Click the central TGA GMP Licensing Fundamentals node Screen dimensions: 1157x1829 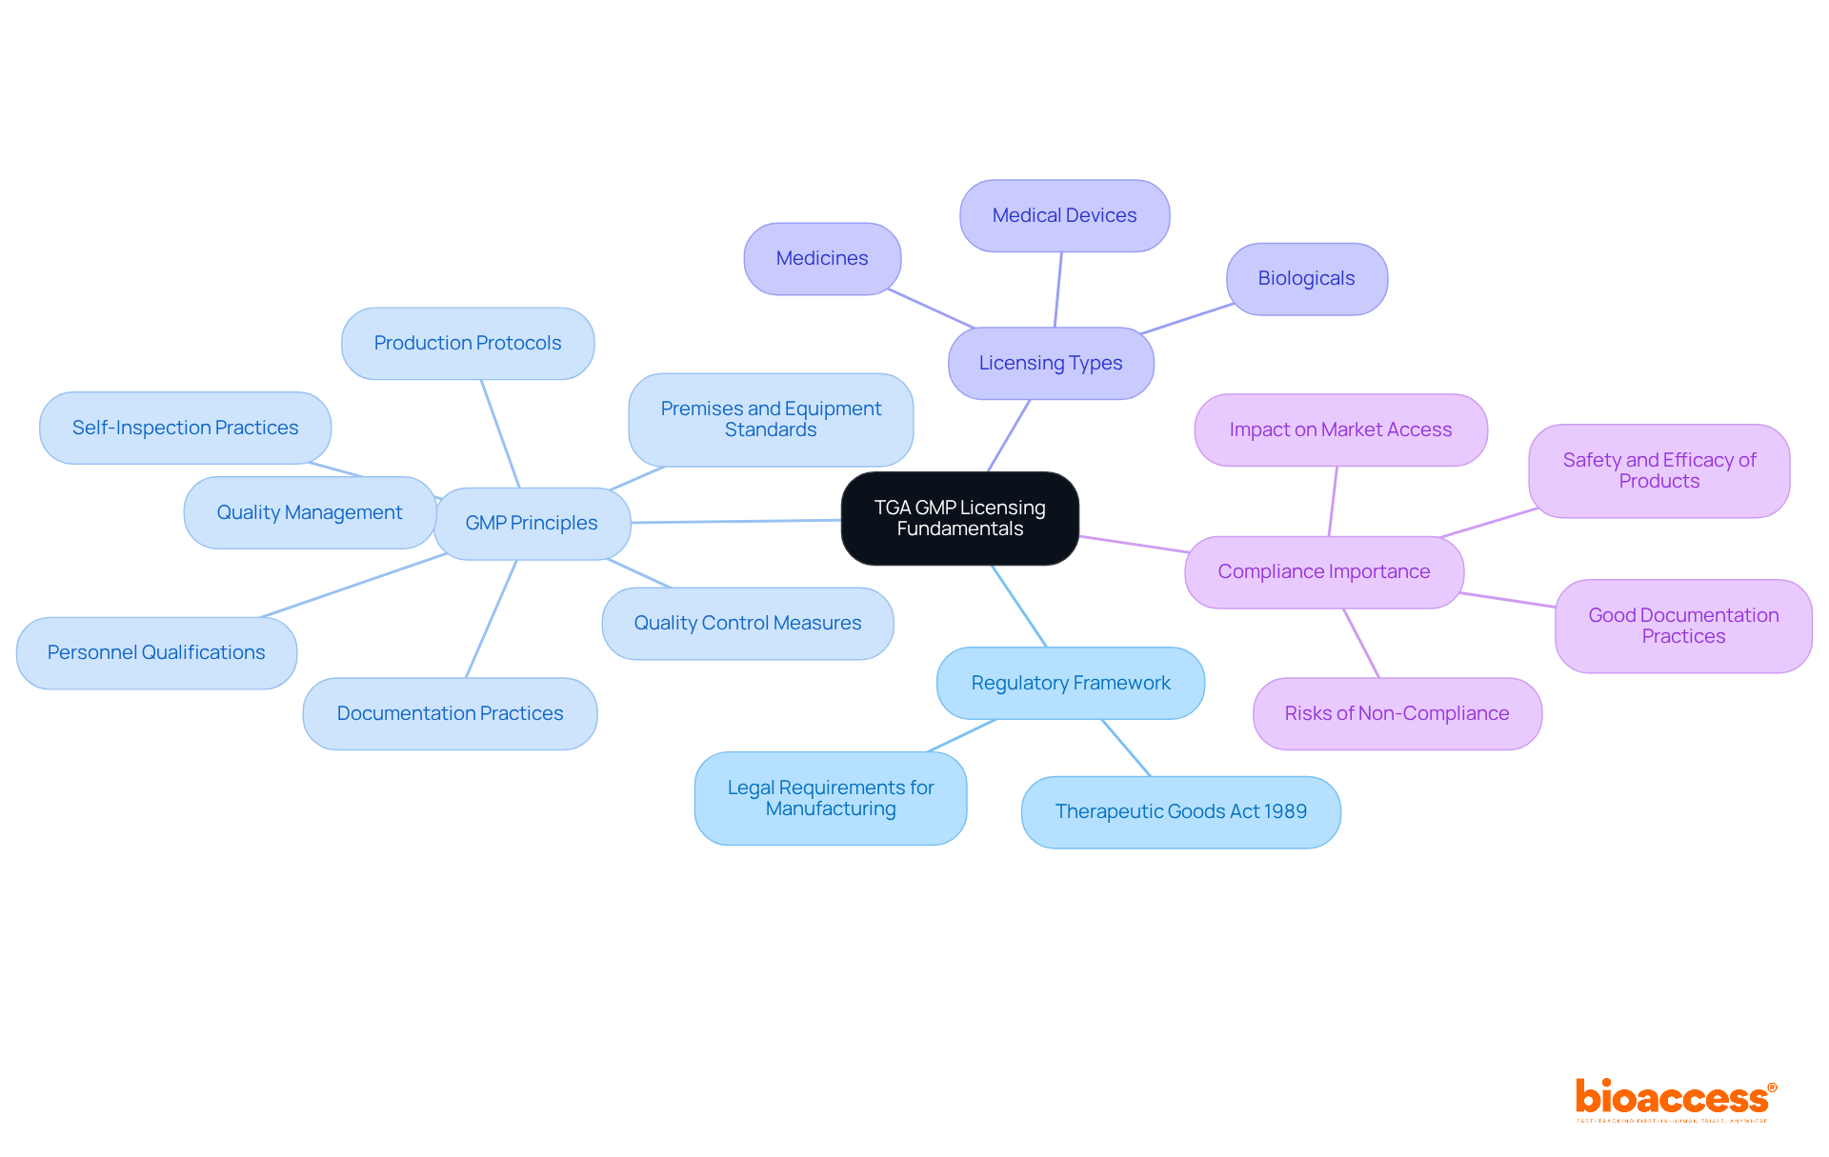pyautogui.click(x=959, y=518)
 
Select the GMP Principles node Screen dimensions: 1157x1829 pyautogui.click(x=532, y=523)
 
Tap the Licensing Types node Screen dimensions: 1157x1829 pyautogui.click(x=1051, y=363)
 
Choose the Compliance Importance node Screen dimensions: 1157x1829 pyautogui.click(x=1323, y=571)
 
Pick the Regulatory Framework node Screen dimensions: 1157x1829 pyautogui.click(x=1071, y=683)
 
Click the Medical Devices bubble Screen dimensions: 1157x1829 pyautogui.click(x=1064, y=215)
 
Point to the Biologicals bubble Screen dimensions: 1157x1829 pyautogui.click(x=1306, y=278)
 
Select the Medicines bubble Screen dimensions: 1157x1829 pyautogui.click(x=822, y=258)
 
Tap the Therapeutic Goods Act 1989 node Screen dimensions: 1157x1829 pyautogui.click(x=1180, y=811)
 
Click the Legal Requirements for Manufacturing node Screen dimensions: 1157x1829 pyautogui.click(x=831, y=798)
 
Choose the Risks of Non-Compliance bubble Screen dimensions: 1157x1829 pyautogui.click(x=1397, y=713)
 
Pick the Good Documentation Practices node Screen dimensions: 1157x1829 pyautogui.click(x=1683, y=626)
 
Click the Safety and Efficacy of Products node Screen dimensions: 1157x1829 pyautogui.click(x=1658, y=470)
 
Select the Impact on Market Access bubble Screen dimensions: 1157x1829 pyautogui.click(x=1340, y=429)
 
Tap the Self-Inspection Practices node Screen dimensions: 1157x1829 pyautogui.click(x=185, y=428)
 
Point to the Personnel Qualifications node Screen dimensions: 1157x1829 pyautogui.click(x=156, y=652)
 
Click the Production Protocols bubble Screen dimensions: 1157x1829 pyautogui.click(x=468, y=343)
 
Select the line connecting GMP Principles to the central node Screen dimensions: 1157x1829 pyautogui.click(x=735, y=521)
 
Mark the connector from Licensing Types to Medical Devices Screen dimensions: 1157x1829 pyautogui.click(x=1058, y=289)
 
